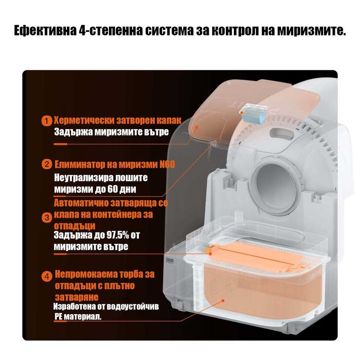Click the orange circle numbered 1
pyautogui.click(x=47, y=121)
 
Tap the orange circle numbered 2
pyautogui.click(x=47, y=165)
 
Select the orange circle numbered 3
pyautogui.click(x=47, y=218)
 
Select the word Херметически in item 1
pyautogui.click(x=81, y=120)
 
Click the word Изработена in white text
pyautogui.click(x=76, y=307)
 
